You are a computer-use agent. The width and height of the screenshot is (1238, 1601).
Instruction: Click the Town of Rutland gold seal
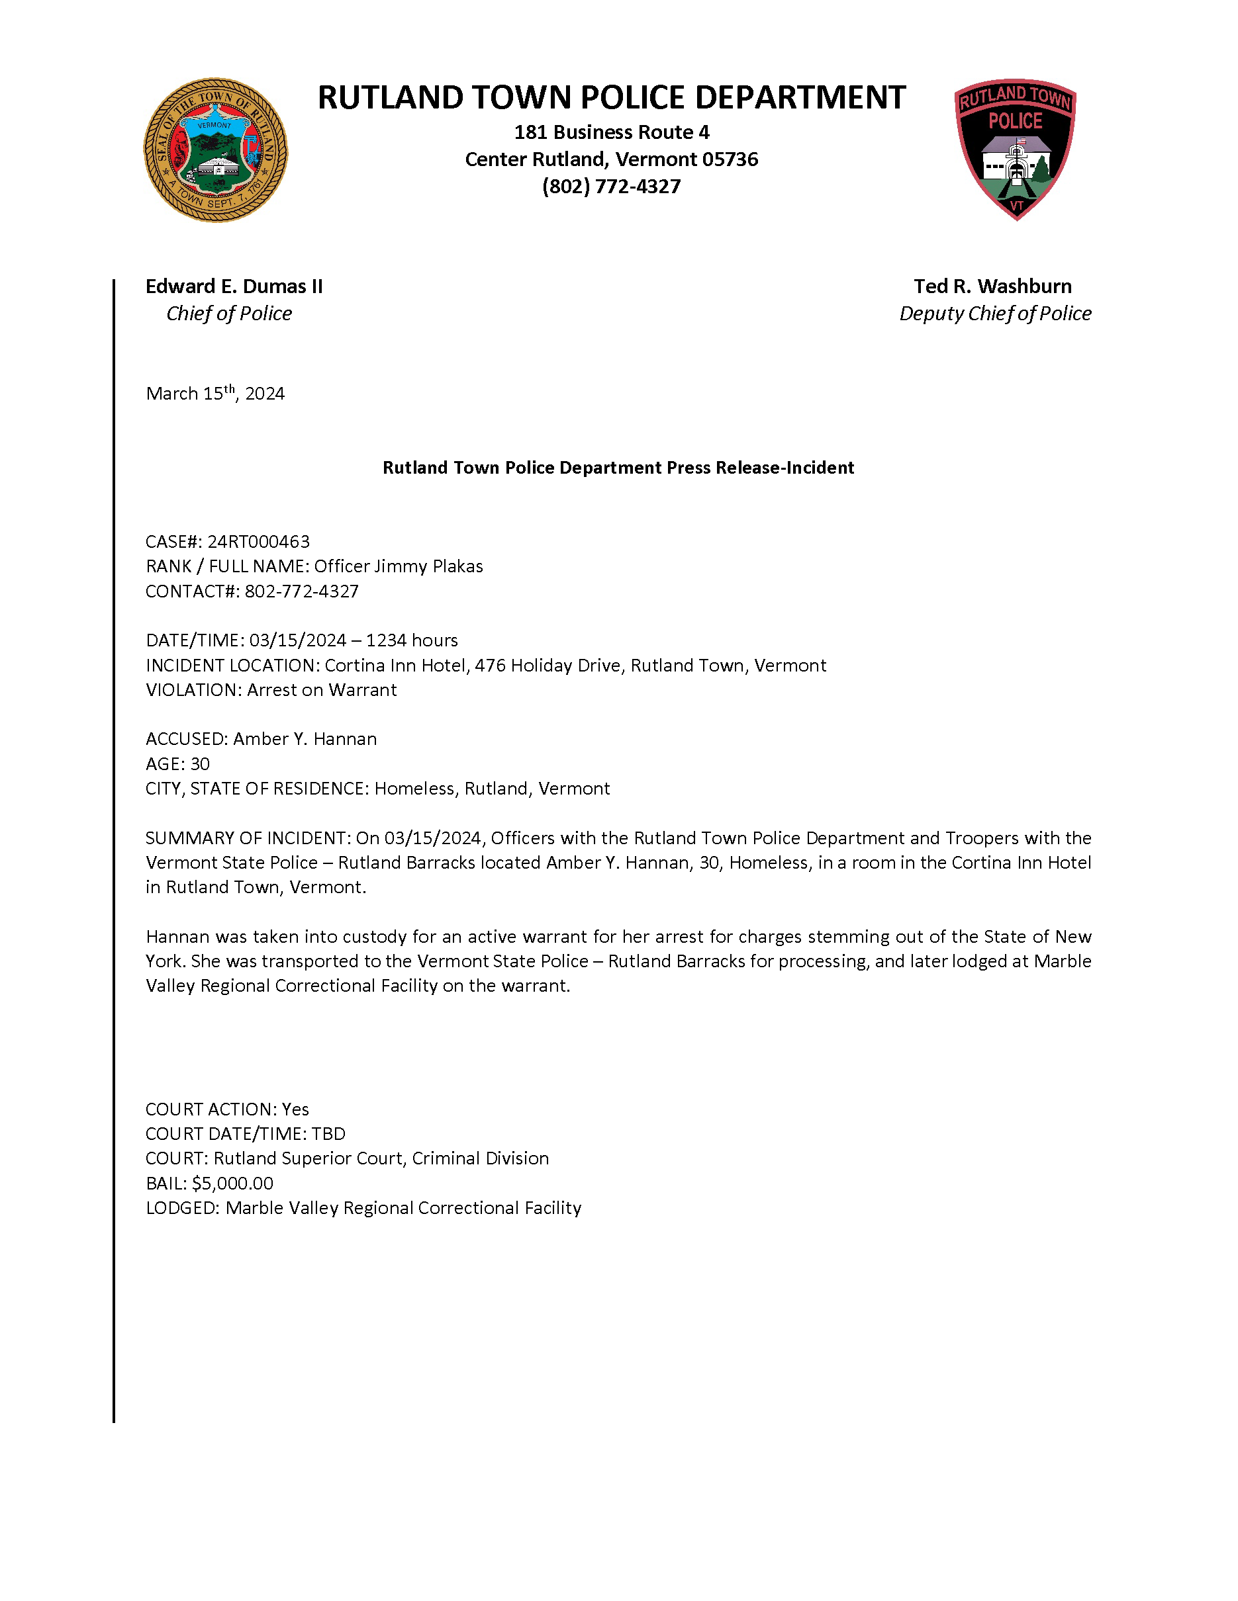[x=216, y=150]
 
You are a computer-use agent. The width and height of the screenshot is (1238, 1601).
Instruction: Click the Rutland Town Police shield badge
[x=1015, y=149]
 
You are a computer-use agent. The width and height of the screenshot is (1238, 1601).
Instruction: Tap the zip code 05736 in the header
[x=731, y=160]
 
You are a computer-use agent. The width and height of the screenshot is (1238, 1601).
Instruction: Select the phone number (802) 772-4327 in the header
[x=611, y=187]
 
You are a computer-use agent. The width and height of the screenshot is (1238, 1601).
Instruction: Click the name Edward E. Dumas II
[x=234, y=286]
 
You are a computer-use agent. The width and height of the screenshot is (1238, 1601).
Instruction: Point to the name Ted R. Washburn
[x=992, y=286]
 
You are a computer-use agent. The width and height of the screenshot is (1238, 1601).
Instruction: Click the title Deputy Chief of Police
[x=995, y=314]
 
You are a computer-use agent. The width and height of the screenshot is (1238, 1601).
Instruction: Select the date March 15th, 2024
[x=215, y=394]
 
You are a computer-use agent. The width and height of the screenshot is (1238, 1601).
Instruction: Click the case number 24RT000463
[x=258, y=542]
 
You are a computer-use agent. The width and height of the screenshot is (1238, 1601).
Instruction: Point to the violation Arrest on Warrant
[x=322, y=691]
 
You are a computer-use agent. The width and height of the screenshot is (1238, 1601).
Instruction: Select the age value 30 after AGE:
[x=199, y=765]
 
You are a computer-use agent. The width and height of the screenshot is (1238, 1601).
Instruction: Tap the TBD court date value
[x=328, y=1134]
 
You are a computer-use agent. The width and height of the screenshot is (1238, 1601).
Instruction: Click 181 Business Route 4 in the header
[x=611, y=133]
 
